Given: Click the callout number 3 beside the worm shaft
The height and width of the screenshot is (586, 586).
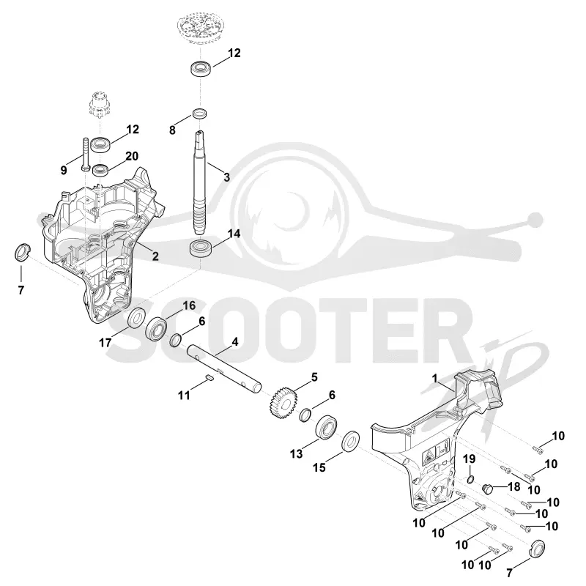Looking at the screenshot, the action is tap(226, 177).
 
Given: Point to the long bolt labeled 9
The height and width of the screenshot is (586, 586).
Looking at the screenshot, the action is tap(85, 155).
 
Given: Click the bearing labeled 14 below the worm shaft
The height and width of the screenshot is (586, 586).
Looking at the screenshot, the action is tap(201, 248).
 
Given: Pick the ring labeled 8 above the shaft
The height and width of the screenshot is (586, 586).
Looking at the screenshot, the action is tap(200, 114).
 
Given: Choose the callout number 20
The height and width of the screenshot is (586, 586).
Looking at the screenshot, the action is tap(132, 156).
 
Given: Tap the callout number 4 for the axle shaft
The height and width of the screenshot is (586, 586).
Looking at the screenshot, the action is tap(234, 341).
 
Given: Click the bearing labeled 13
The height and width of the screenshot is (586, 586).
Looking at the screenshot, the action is tap(326, 426).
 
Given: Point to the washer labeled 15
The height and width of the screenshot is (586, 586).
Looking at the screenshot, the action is tap(351, 442).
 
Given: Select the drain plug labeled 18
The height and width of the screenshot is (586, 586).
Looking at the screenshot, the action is tap(488, 489).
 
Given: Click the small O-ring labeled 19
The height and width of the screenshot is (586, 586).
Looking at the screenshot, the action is tap(470, 479).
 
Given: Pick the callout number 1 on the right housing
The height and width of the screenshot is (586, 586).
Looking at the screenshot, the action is tap(434, 378).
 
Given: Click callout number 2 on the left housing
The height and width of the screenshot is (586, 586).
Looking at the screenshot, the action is tap(155, 256).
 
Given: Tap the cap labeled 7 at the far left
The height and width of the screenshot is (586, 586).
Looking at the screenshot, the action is tap(22, 252).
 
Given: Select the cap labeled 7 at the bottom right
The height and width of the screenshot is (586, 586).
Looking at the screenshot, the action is tap(538, 549).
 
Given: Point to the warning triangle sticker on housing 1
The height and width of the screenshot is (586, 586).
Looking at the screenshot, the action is tap(429, 456).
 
